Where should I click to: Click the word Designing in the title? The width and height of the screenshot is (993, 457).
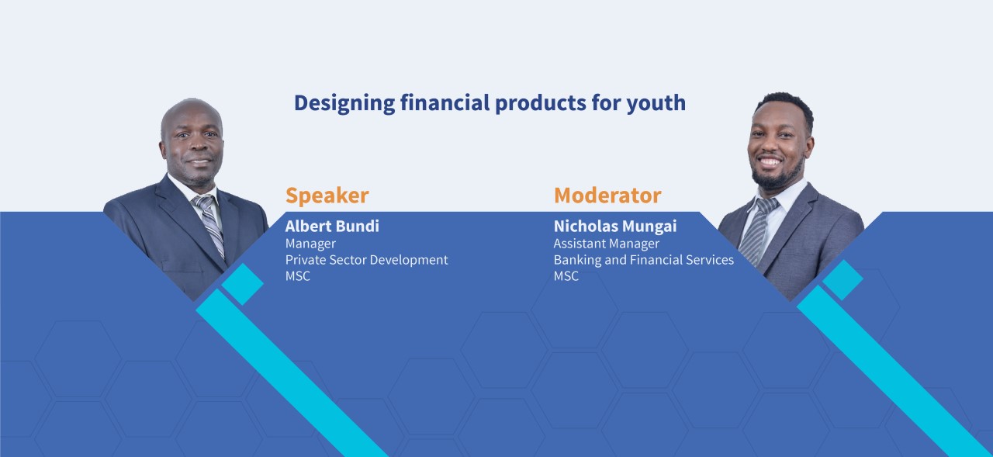point(344,103)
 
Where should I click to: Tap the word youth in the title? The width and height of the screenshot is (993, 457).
point(656,103)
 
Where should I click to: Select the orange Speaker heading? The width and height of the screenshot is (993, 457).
point(327,196)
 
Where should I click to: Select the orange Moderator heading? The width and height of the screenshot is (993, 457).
point(607,195)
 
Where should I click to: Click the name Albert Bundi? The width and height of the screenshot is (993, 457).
point(332,226)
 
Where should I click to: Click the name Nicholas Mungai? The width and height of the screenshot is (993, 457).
point(615,227)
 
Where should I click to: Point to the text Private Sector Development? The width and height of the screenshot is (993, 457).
point(367,260)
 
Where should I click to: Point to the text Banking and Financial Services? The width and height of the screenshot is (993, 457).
point(644,260)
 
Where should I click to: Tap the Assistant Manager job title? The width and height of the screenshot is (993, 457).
point(607,244)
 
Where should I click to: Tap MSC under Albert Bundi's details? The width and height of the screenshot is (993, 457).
point(297,275)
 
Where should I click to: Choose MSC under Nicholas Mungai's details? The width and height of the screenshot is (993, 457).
point(566,275)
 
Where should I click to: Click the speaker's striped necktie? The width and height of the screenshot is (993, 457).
point(209,224)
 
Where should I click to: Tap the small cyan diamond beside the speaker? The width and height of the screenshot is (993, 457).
point(243,284)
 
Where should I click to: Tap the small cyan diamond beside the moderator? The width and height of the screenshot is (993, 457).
point(842,280)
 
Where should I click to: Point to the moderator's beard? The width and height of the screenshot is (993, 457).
point(777,176)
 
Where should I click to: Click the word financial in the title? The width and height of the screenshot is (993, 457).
point(445,103)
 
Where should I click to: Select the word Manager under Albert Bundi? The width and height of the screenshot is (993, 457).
point(310,244)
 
